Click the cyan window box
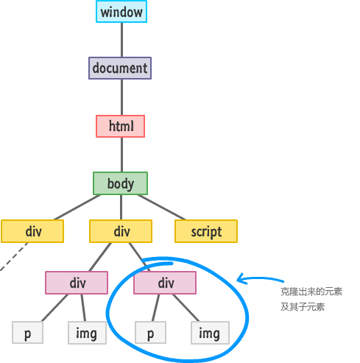(x=121, y=12)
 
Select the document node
(x=120, y=68)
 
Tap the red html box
(x=120, y=126)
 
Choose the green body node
(x=120, y=183)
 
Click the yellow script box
(x=206, y=231)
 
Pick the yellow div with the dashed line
(x=32, y=231)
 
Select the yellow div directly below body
(x=121, y=231)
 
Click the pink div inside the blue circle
(x=165, y=283)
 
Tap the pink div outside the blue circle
(x=77, y=283)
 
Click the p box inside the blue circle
(x=150, y=333)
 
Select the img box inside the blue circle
(x=210, y=333)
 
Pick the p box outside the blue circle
(x=27, y=333)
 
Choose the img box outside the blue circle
(x=87, y=333)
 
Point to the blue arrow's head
(x=238, y=280)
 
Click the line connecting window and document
(x=121, y=40)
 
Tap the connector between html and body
(x=121, y=155)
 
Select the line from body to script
(x=161, y=207)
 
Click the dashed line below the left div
(x=14, y=256)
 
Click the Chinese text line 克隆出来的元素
(x=311, y=292)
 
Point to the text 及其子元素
(x=303, y=307)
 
